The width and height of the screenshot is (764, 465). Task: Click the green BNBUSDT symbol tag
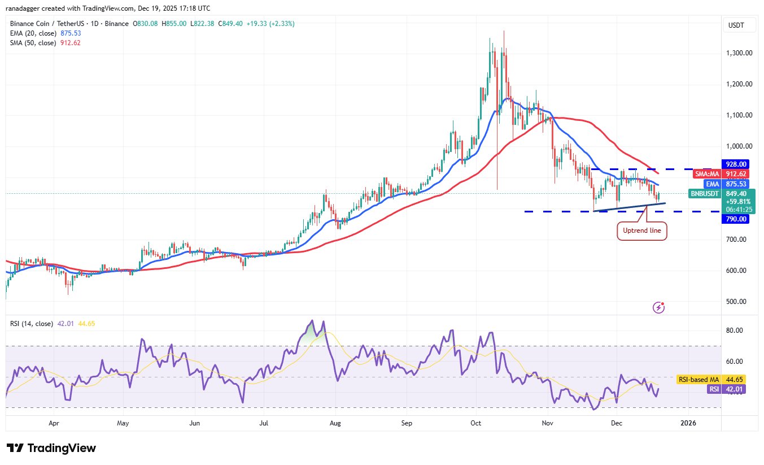705,194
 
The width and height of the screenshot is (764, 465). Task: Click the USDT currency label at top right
736,25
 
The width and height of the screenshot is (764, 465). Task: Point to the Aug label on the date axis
335,423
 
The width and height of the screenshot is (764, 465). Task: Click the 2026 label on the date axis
688,423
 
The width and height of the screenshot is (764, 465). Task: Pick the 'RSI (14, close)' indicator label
32,324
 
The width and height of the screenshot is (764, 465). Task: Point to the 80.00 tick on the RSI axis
736,331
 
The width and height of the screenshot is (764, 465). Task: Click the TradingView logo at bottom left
51,448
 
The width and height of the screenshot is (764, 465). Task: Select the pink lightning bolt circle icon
658,307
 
